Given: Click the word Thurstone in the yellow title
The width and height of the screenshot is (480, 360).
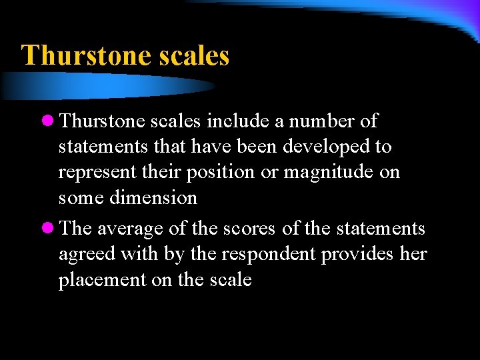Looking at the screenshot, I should coord(87,55).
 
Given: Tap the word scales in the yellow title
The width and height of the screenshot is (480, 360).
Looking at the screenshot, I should coord(195,55).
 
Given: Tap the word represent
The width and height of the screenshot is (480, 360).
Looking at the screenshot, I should coord(98,173).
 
